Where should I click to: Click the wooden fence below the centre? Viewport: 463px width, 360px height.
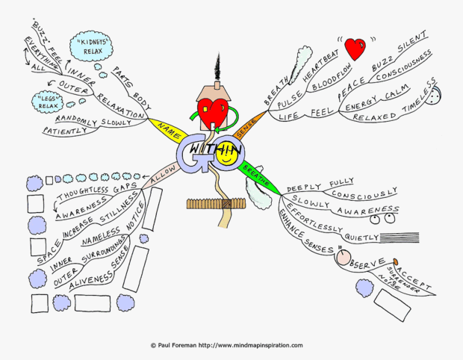pos(217,202)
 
